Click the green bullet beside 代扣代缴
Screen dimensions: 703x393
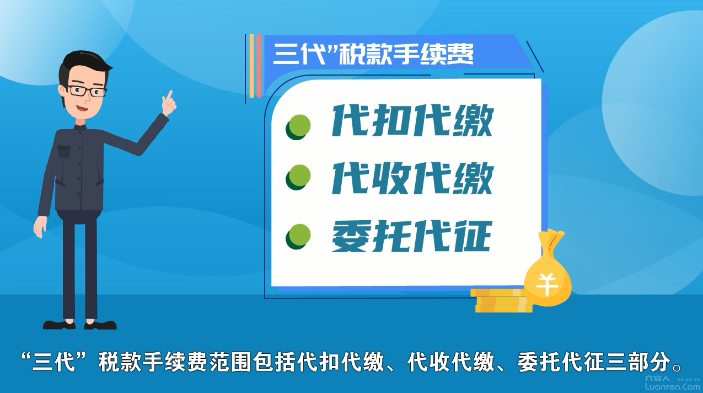coord(298,126)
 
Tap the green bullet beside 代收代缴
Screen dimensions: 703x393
coord(298,177)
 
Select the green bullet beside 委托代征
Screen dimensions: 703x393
coord(298,237)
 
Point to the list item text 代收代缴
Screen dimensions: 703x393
coord(412,178)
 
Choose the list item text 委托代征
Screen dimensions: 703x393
coord(411,236)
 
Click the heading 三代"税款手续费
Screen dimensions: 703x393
coord(373,54)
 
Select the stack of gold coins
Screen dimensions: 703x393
coord(502,301)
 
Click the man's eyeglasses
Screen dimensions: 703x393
coord(87,91)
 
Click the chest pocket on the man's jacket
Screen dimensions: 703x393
coord(65,151)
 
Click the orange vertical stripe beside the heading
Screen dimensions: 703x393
coord(251,66)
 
